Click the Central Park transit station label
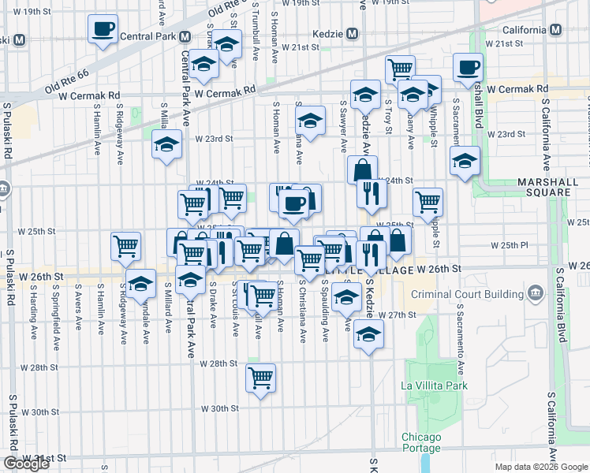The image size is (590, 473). point(146,37)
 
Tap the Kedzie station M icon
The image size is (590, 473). point(352,35)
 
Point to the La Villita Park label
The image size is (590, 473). point(435,385)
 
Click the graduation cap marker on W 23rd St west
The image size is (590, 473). point(166,144)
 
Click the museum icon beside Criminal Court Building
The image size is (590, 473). point(536,295)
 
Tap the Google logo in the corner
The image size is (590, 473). point(26,464)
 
